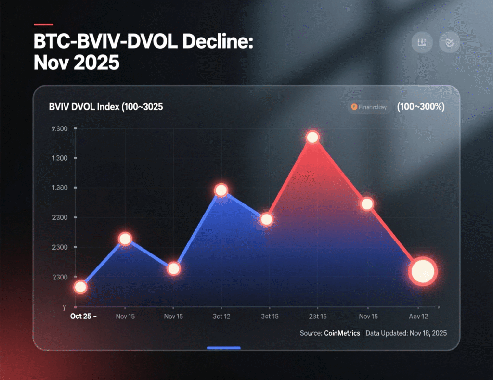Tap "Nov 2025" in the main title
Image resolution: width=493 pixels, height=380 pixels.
click(76, 63)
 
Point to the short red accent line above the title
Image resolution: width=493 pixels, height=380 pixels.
click(43, 24)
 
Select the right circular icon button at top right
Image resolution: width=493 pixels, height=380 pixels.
click(450, 42)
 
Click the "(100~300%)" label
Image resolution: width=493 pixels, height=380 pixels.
click(420, 107)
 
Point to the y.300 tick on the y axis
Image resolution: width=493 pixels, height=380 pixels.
click(59, 129)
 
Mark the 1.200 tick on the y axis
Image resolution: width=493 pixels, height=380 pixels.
click(59, 188)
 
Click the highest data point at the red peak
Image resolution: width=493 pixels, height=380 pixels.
click(312, 138)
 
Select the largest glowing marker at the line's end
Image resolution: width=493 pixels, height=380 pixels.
click(422, 272)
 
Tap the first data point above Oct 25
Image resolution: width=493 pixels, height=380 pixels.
click(80, 287)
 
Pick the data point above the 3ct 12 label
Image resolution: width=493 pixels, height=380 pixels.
click(221, 190)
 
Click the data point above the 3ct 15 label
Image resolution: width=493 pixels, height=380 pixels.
click(267, 220)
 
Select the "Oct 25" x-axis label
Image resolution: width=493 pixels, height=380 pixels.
click(80, 316)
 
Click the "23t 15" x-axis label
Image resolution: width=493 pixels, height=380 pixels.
click(317, 317)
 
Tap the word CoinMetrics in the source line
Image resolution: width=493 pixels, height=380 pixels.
click(340, 333)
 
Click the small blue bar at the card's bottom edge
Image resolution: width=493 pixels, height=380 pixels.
click(223, 347)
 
